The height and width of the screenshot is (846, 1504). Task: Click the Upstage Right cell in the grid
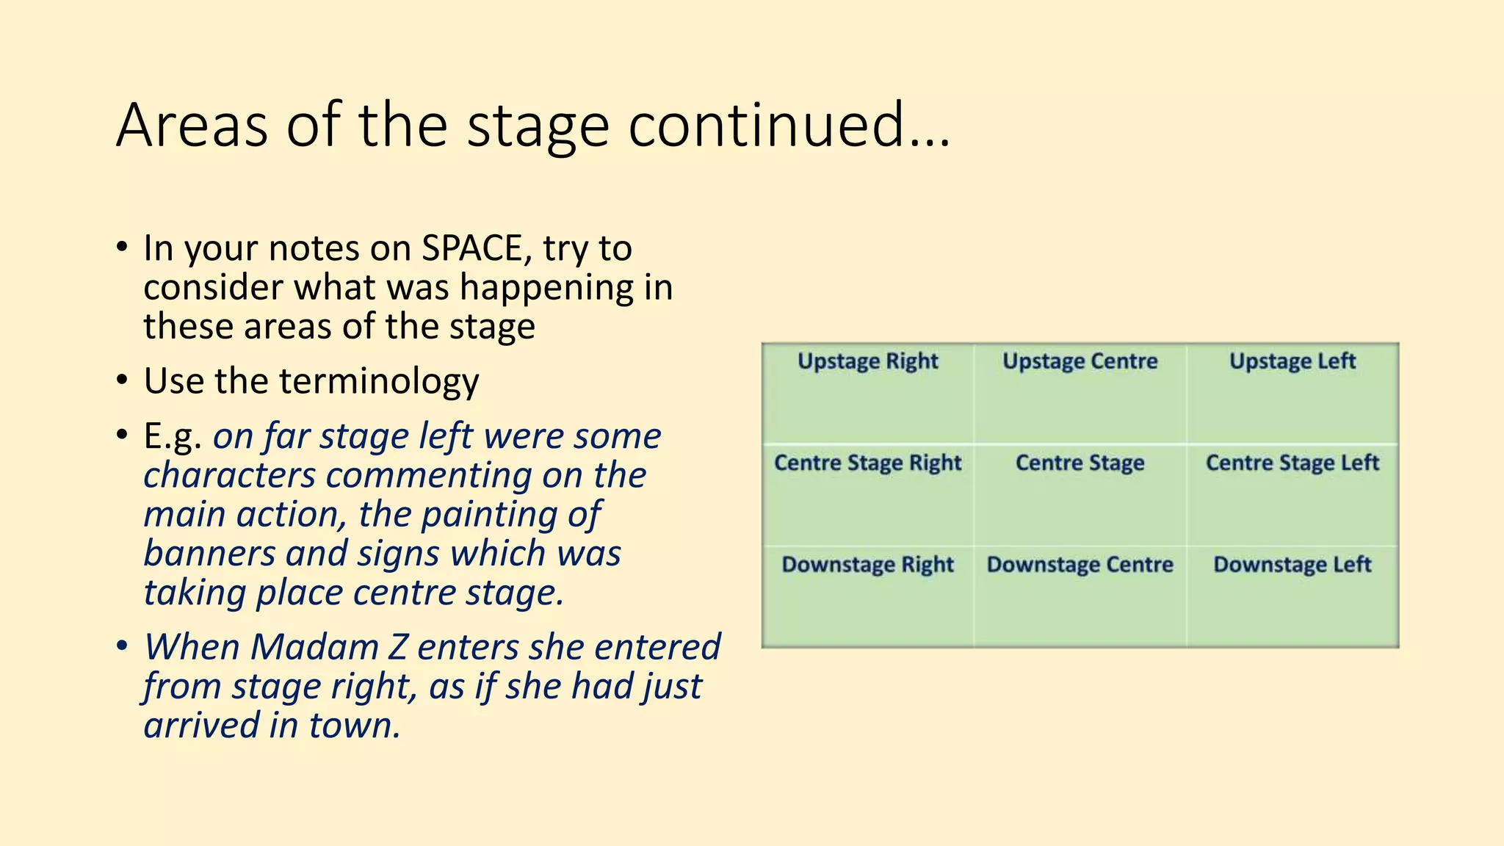point(868,394)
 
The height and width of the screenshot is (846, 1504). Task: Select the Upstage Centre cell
point(1080,394)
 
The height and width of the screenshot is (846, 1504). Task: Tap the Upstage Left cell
point(1292,394)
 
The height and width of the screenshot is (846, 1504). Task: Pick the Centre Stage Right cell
point(868,494)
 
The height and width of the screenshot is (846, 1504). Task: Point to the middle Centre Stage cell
point(1080,494)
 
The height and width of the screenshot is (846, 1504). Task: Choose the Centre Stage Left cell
point(1292,494)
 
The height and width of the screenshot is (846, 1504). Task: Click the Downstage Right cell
point(868,596)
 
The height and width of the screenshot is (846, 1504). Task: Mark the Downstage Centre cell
point(1080,596)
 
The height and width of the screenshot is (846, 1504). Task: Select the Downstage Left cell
point(1292,596)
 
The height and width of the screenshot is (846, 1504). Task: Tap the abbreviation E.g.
point(173,437)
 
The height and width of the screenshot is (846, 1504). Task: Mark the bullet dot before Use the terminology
point(122,381)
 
